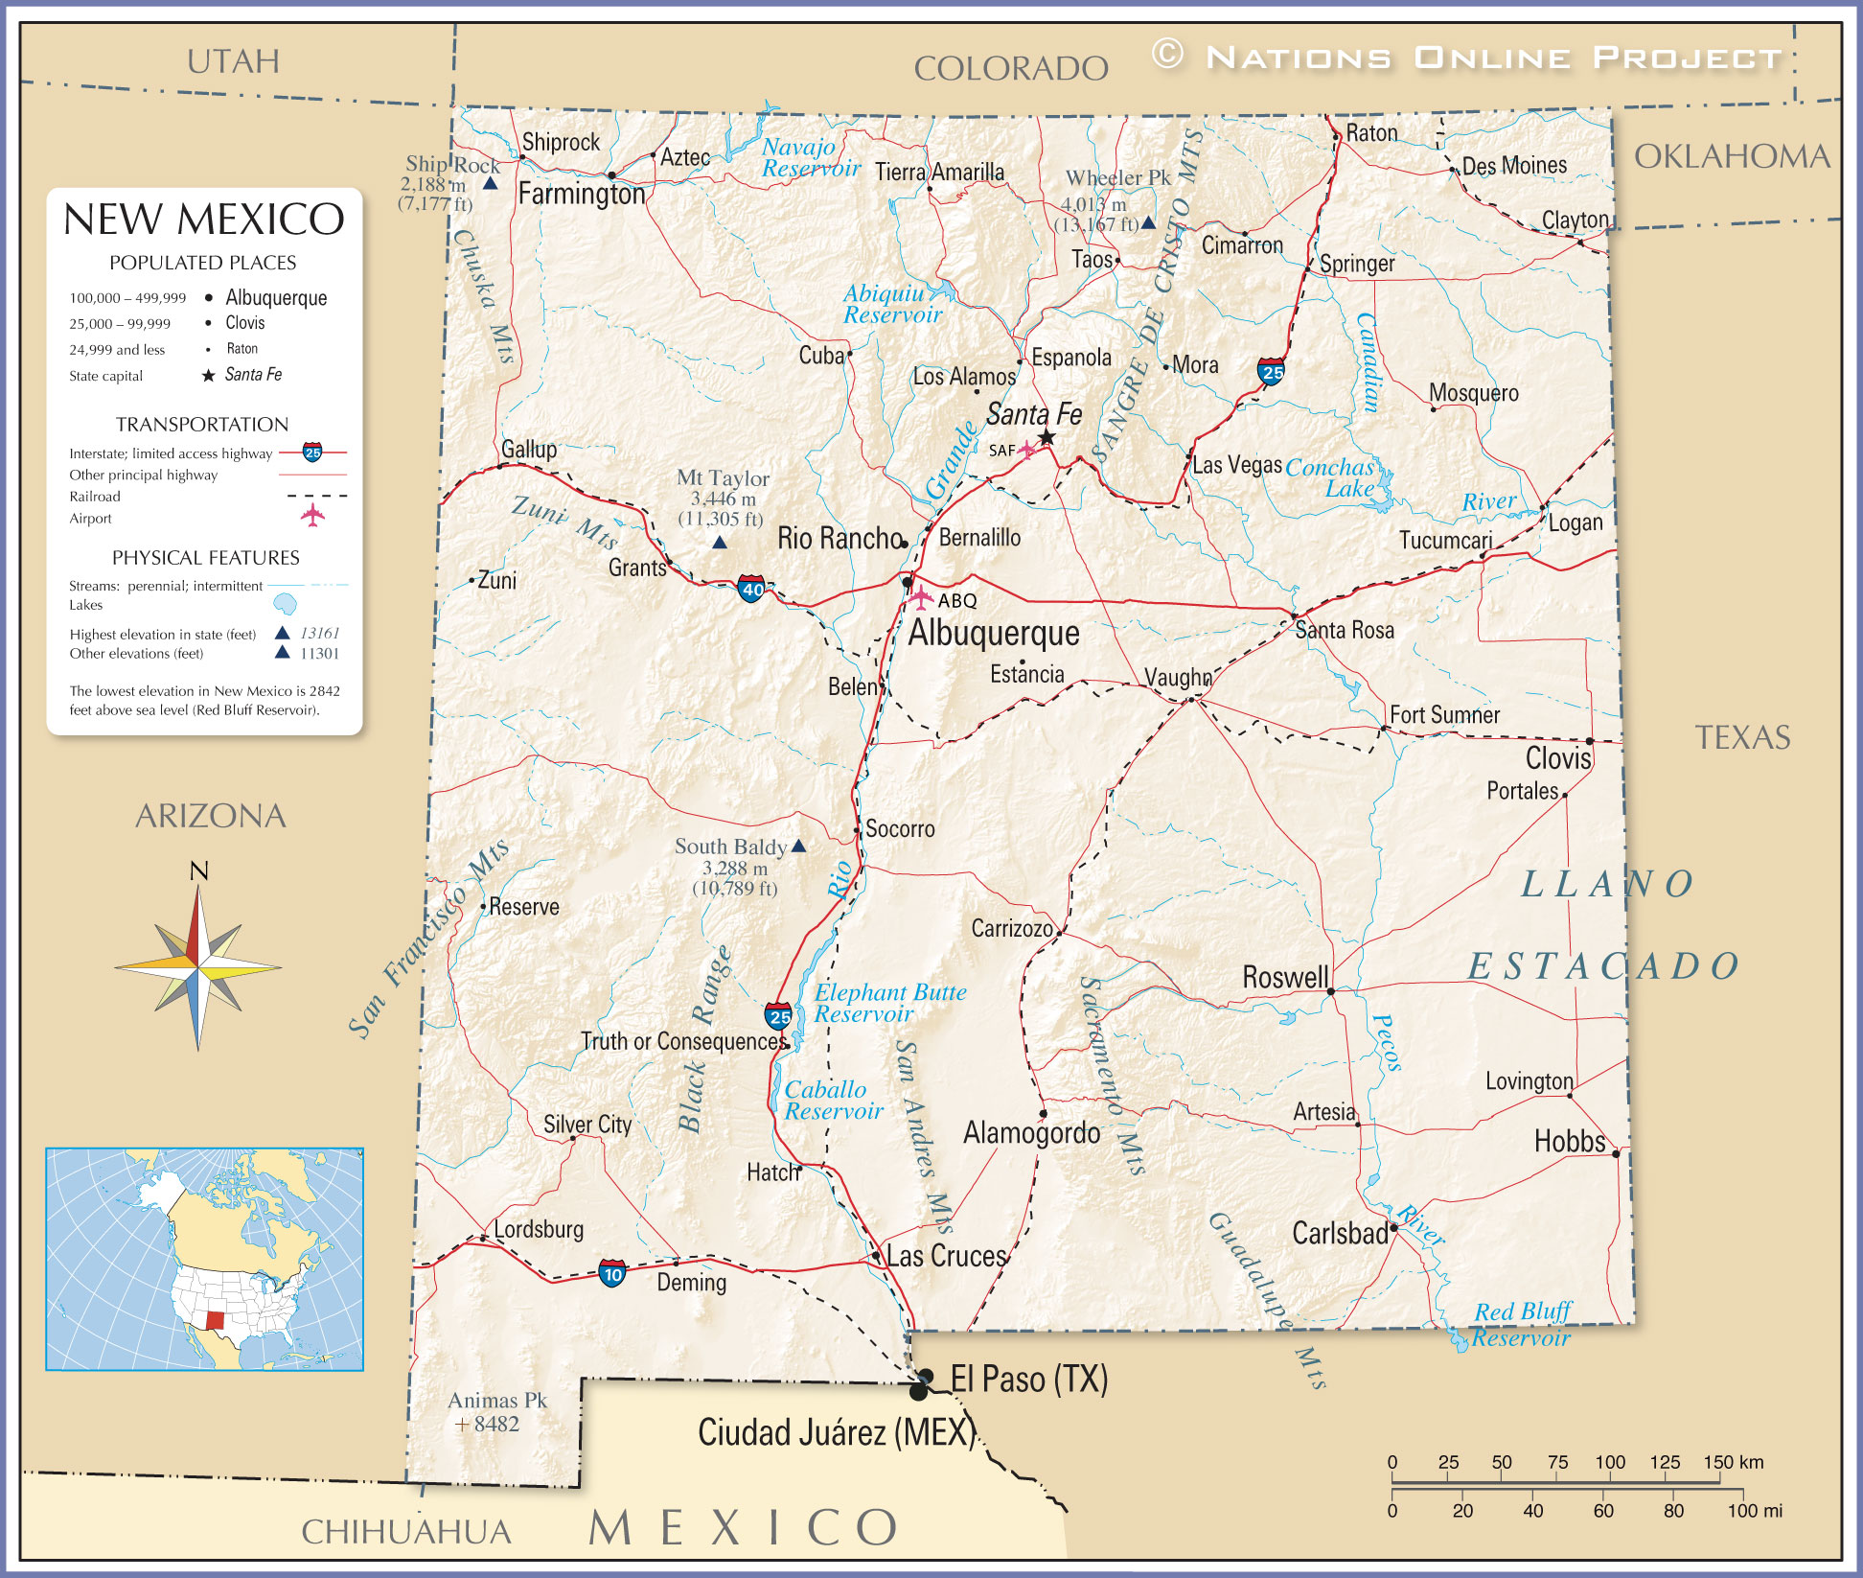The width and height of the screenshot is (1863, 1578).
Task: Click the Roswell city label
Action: coord(1285,977)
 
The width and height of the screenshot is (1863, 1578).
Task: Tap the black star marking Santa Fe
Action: coord(1046,437)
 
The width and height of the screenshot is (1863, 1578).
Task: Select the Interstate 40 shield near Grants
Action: coord(752,589)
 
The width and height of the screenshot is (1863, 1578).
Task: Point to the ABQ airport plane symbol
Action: coord(921,598)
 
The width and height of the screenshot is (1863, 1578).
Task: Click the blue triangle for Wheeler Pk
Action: coord(1148,222)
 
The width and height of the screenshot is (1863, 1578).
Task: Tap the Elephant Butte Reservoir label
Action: coord(889,1003)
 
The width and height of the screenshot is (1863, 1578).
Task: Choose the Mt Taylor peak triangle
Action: coord(720,543)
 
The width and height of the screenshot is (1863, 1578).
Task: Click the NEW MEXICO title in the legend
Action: coord(203,220)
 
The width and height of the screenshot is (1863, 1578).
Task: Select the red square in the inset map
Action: coord(215,1320)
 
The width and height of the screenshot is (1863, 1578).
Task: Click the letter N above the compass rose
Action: coord(198,870)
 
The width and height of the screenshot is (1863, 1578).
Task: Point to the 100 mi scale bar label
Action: coord(1754,1511)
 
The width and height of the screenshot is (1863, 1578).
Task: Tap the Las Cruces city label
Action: coord(946,1256)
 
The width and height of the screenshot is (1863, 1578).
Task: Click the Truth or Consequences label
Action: coord(683,1041)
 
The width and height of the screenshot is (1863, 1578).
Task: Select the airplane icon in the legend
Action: coord(312,516)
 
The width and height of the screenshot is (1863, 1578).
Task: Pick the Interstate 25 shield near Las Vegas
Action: coord(1272,371)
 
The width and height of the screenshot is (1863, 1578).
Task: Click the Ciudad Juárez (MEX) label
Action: coord(836,1432)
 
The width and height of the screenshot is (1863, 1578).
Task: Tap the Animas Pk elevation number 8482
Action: coord(496,1425)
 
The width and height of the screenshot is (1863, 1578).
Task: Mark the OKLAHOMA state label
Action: coord(1732,156)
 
